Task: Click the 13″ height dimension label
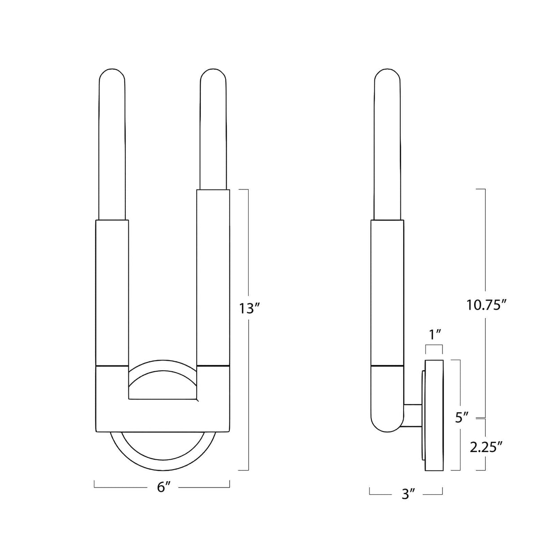tap(250, 309)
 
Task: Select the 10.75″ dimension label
tap(486, 305)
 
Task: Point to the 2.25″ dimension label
tap(486, 447)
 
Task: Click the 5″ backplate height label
tap(461, 418)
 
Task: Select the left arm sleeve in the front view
tap(112, 292)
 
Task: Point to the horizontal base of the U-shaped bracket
tap(163, 415)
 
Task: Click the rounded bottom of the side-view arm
tap(386, 424)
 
